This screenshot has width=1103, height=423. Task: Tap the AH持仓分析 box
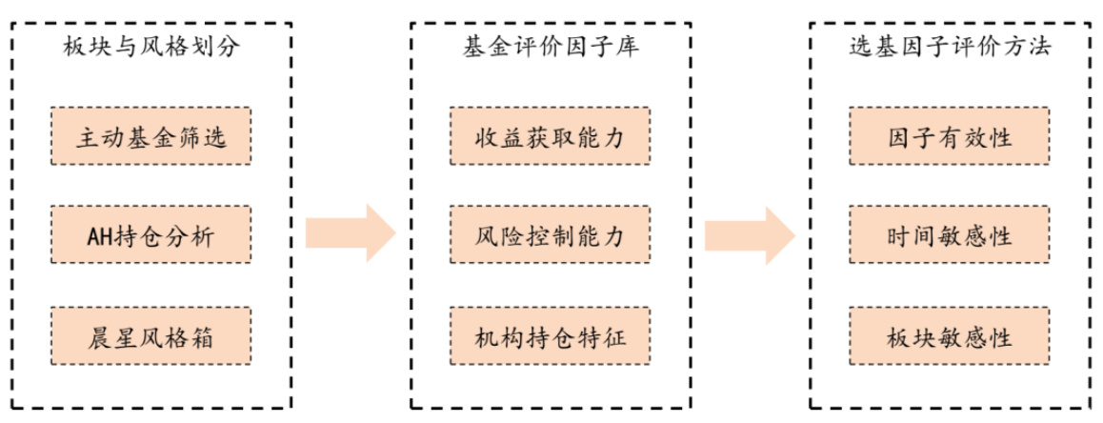pyautogui.click(x=150, y=233)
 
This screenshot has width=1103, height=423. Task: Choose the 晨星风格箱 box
pyautogui.click(x=150, y=334)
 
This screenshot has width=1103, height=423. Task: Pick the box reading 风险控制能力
pyautogui.click(x=550, y=233)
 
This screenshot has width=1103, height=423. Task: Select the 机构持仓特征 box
pyautogui.click(x=550, y=334)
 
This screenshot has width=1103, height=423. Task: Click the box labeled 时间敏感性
pyautogui.click(x=950, y=233)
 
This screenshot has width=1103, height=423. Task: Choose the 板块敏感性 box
pyautogui.click(x=950, y=334)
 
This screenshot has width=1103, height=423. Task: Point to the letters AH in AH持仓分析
pyautogui.click(x=92, y=233)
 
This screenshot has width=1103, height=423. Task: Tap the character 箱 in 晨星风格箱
pyautogui.click(x=210, y=334)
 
